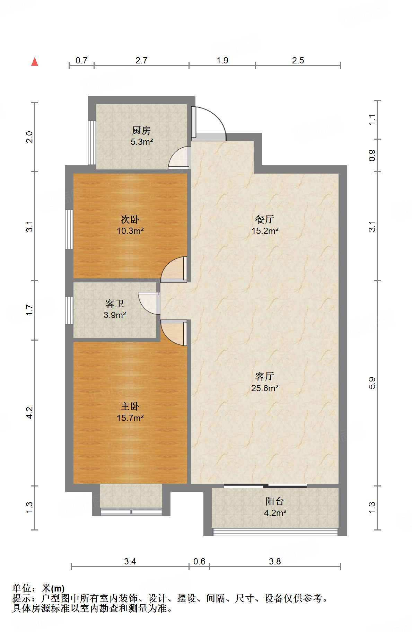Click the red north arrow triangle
pyautogui.click(x=35, y=62)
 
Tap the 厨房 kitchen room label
pyautogui.click(x=141, y=131)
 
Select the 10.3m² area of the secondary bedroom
pyautogui.click(x=130, y=231)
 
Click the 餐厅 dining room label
pyautogui.click(x=265, y=219)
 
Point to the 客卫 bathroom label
pyautogui.click(x=115, y=304)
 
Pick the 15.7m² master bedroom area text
pyautogui.click(x=130, y=418)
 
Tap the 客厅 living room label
pyautogui.click(x=265, y=376)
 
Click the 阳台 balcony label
pyautogui.click(x=275, y=501)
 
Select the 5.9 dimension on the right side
pyautogui.click(x=372, y=383)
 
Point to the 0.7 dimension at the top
pyautogui.click(x=81, y=61)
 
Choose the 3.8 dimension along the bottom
pyautogui.click(x=275, y=561)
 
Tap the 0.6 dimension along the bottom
pyautogui.click(x=199, y=561)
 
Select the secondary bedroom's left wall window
pyautogui.click(x=69, y=229)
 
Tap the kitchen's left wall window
pyautogui.click(x=92, y=142)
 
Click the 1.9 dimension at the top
pyautogui.click(x=222, y=61)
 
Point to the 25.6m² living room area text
pyautogui.click(x=265, y=388)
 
